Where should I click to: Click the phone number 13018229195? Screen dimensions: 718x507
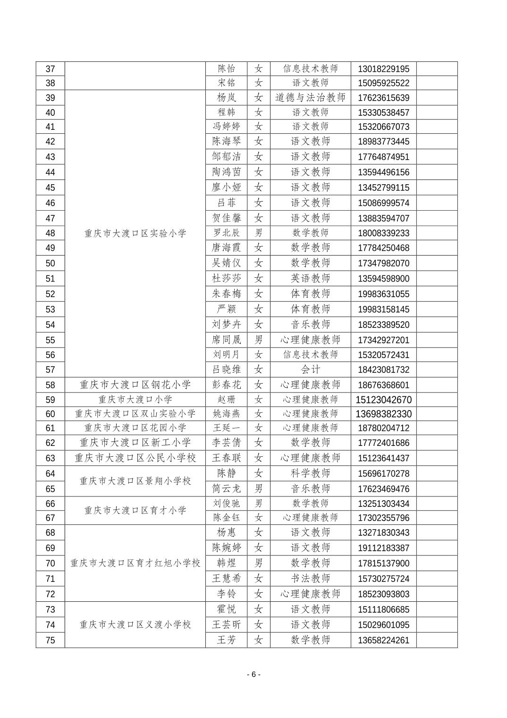(383, 69)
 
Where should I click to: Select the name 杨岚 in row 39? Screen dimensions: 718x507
(226, 98)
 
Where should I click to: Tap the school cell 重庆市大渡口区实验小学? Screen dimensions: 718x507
(135, 233)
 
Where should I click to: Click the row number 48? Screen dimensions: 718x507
(50, 233)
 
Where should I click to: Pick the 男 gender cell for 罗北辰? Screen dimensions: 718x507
(258, 233)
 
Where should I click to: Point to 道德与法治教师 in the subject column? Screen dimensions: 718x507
(310, 98)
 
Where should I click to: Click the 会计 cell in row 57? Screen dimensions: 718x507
(310, 369)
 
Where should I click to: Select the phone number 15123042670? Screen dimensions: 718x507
(383, 400)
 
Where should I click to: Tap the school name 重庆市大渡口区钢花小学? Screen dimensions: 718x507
(135, 385)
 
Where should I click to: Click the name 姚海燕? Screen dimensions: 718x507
(226, 414)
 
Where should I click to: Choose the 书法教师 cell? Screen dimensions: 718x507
(310, 579)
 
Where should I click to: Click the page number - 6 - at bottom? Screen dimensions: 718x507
(253, 675)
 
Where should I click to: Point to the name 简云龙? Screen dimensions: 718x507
(226, 489)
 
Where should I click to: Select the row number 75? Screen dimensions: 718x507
(50, 641)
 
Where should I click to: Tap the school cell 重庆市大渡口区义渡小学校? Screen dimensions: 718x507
(135, 625)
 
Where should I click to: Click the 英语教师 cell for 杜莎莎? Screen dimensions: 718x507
(310, 279)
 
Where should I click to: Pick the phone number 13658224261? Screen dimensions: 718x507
(383, 641)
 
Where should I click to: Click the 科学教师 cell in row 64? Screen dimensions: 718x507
(310, 473)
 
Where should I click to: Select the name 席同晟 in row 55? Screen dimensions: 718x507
(226, 340)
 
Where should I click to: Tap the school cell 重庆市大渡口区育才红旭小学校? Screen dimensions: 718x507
(135, 563)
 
